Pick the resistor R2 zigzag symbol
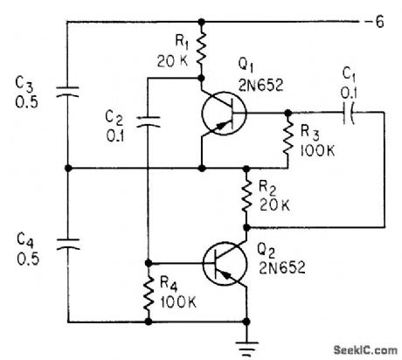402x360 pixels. pyautogui.click(x=249, y=197)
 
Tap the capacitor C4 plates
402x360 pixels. pyautogui.click(x=67, y=243)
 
